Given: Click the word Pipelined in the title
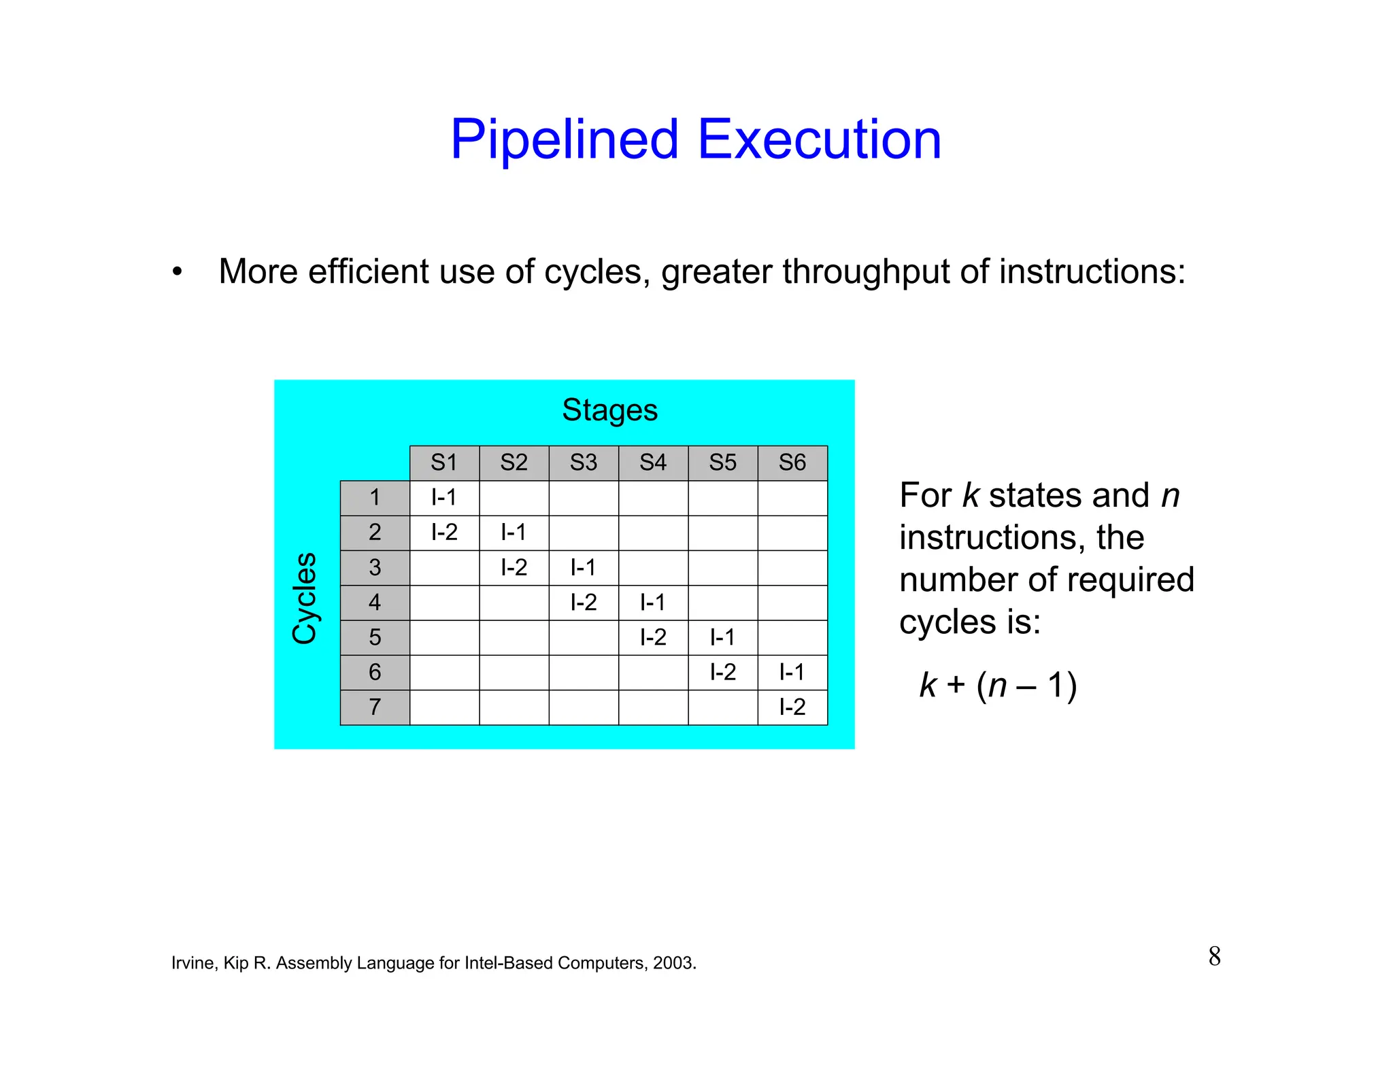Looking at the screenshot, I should [565, 140].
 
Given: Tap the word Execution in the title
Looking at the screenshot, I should [819, 140].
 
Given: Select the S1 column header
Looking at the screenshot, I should [444, 463].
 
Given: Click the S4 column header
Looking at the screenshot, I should [653, 463].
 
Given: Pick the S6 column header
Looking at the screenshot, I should [792, 463].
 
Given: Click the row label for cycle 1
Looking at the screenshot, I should [375, 498].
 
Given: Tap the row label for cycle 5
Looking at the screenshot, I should [375, 637].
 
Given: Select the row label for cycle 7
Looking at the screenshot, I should [375, 707].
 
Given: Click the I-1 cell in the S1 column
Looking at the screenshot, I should [444, 498].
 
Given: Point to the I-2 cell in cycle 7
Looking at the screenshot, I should [792, 707].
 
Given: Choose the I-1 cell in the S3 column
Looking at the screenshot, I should [584, 567].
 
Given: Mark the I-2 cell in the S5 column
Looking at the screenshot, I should [722, 673].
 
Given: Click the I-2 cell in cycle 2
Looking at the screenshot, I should [444, 533].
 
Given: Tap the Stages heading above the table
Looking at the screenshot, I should [609, 411].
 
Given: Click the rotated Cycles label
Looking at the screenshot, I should [304, 599].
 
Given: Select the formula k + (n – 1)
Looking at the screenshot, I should [998, 685].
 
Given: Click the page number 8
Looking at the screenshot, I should [1214, 956].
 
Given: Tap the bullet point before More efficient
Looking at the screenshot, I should [178, 273].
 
